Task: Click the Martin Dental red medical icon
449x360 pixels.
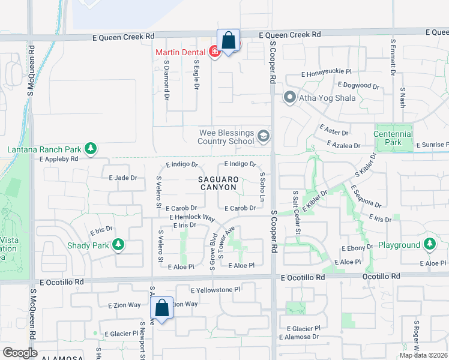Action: pyautogui.click(x=214, y=53)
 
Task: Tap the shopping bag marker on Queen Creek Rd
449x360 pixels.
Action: pyautogui.click(x=228, y=41)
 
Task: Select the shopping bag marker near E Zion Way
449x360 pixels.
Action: pyautogui.click(x=162, y=308)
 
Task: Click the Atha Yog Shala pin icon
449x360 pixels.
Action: pyautogui.click(x=289, y=97)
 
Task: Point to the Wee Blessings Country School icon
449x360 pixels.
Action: pyautogui.click(x=263, y=137)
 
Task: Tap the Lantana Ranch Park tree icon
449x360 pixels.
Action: pyautogui.click(x=91, y=148)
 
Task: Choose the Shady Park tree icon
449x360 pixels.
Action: pyautogui.click(x=119, y=244)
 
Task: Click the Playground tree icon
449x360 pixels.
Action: pyautogui.click(x=429, y=244)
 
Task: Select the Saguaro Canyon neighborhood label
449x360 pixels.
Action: pyautogui.click(x=219, y=184)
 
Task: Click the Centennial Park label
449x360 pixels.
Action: pyautogui.click(x=393, y=138)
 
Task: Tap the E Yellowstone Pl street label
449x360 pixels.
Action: pyautogui.click(x=215, y=290)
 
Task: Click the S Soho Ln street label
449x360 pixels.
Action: pyautogui.click(x=262, y=186)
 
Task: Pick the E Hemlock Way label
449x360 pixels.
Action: pyautogui.click(x=192, y=217)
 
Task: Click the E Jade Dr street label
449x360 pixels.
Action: pyautogui.click(x=123, y=178)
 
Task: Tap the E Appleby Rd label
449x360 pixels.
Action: pyautogui.click(x=59, y=159)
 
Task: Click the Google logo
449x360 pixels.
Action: pyautogui.click(x=20, y=353)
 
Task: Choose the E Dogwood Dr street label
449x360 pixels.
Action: pyautogui.click(x=358, y=85)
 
